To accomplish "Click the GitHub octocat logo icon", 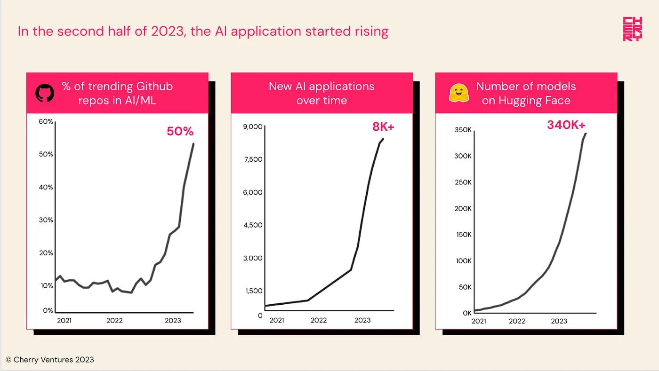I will [x=45, y=93].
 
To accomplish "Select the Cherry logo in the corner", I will [x=632, y=29].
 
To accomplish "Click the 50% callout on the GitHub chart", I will [x=180, y=132].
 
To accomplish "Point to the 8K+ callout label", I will [x=383, y=127].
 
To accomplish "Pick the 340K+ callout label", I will [x=566, y=125].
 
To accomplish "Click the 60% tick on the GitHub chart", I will [x=46, y=122].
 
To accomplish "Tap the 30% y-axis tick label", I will [x=46, y=220].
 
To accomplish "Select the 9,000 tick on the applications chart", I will [x=253, y=126].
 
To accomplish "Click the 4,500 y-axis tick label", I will [x=253, y=225].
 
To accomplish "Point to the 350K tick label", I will [x=462, y=130].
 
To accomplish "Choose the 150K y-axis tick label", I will [x=463, y=235].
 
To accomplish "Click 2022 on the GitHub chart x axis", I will [x=114, y=321].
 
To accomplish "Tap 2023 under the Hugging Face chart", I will [x=559, y=321].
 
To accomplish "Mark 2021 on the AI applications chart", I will [x=276, y=321].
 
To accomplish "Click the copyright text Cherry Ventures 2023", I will [x=50, y=360].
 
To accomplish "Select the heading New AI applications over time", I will [x=321, y=93].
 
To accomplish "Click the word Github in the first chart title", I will [x=154, y=87].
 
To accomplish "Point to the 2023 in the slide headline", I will [x=169, y=32].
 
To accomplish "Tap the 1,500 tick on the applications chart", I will [x=254, y=291].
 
